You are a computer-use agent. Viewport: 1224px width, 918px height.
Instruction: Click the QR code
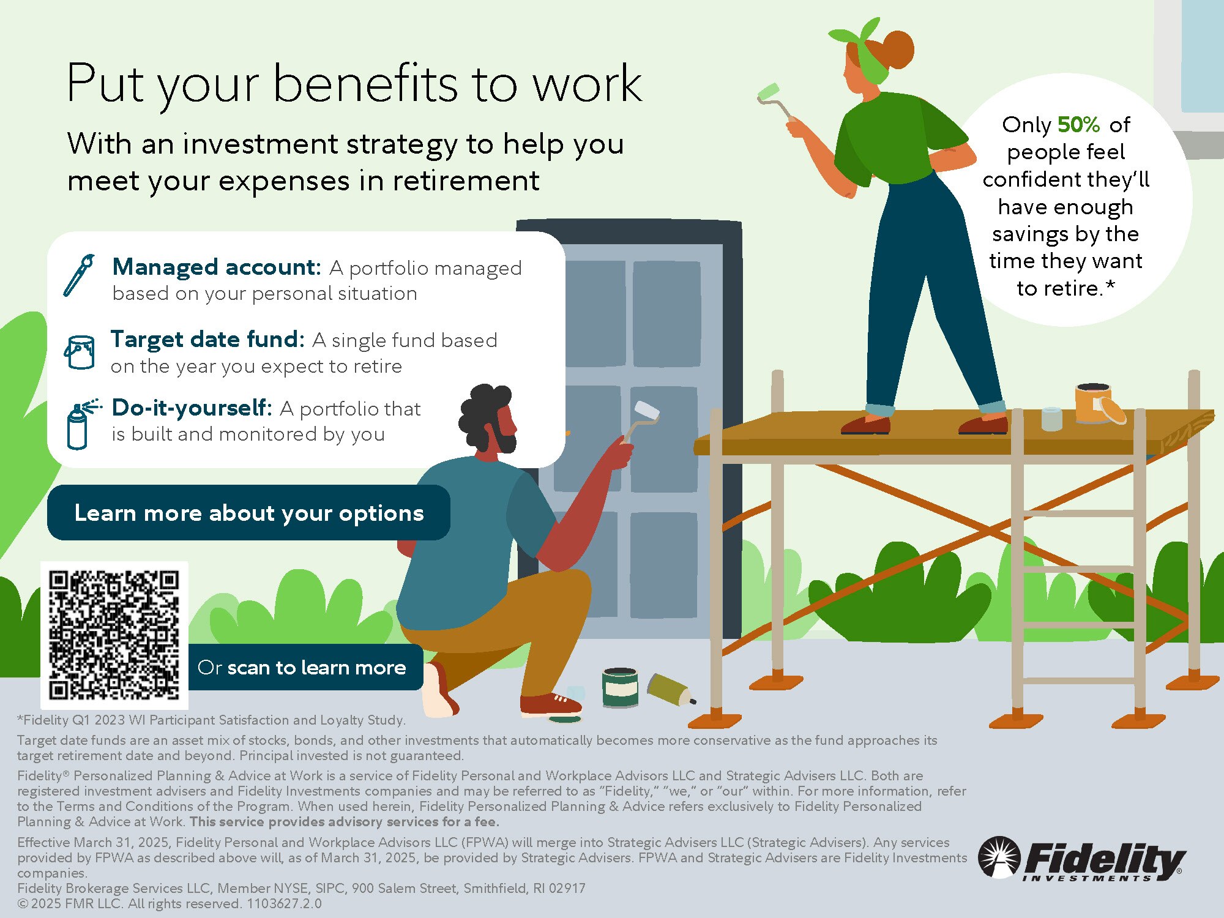[114, 635]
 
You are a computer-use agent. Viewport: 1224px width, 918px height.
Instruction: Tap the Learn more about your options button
[248, 512]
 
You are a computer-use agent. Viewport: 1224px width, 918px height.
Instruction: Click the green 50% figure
[1078, 125]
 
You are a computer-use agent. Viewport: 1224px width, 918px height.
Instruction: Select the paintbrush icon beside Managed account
[80, 275]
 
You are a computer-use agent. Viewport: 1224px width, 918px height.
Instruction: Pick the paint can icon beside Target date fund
[80, 352]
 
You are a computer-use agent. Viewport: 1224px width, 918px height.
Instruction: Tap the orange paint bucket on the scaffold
[1099, 404]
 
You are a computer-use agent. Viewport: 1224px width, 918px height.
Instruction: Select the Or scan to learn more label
[302, 667]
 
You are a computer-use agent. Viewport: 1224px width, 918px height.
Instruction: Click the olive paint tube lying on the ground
[671, 689]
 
